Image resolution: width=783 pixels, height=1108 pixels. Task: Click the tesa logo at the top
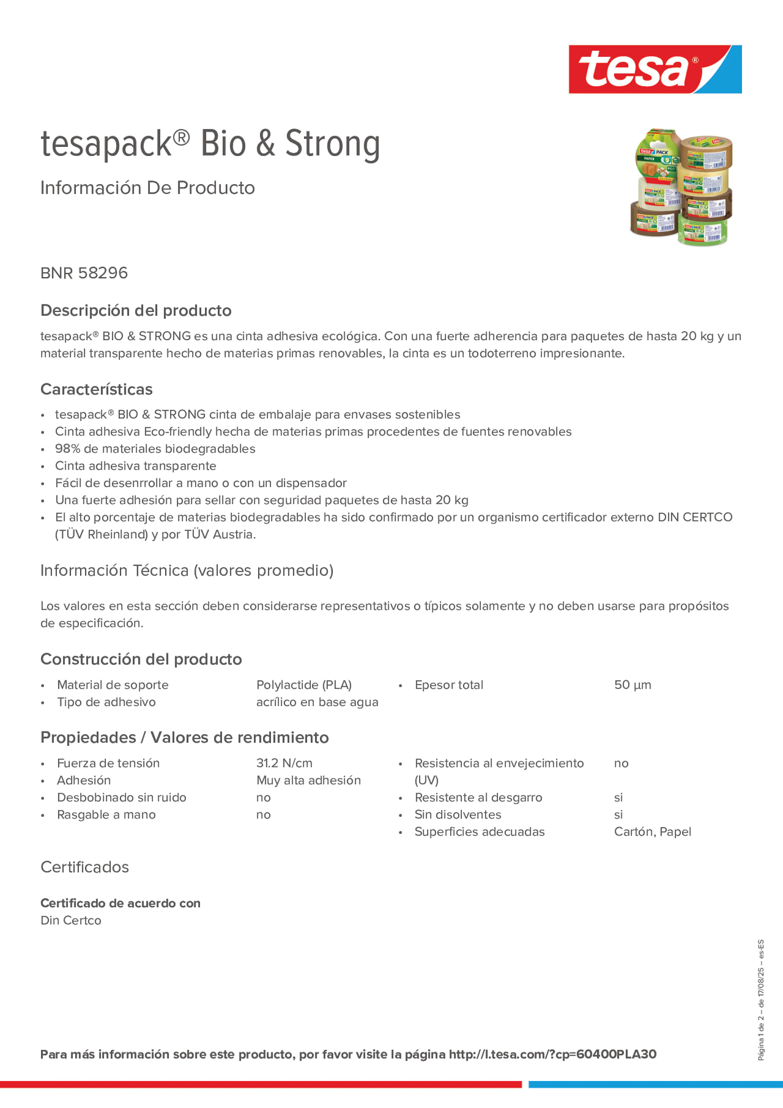tap(655, 70)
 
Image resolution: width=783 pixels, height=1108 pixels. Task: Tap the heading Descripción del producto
tap(136, 311)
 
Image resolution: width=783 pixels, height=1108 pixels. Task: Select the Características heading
tap(97, 390)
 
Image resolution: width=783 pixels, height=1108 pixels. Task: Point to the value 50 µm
tap(632, 685)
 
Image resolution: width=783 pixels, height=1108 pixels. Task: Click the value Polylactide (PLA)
tap(304, 685)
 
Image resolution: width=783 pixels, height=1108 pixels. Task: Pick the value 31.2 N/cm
tap(284, 763)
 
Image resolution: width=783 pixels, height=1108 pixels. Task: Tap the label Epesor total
tap(449, 685)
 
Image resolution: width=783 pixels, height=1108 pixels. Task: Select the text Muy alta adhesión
tap(308, 780)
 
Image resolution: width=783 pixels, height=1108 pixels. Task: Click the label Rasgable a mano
tap(106, 815)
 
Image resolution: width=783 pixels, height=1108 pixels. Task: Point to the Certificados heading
tap(85, 867)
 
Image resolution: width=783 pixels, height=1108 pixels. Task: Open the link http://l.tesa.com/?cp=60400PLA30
tap(552, 1054)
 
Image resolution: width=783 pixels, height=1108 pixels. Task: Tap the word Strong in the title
tap(332, 144)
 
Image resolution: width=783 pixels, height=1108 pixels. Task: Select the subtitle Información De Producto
tap(147, 188)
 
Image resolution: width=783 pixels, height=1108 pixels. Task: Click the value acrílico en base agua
tap(317, 702)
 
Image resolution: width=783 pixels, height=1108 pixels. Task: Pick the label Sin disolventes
tap(458, 815)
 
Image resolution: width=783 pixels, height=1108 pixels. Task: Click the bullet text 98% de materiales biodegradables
tap(155, 449)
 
